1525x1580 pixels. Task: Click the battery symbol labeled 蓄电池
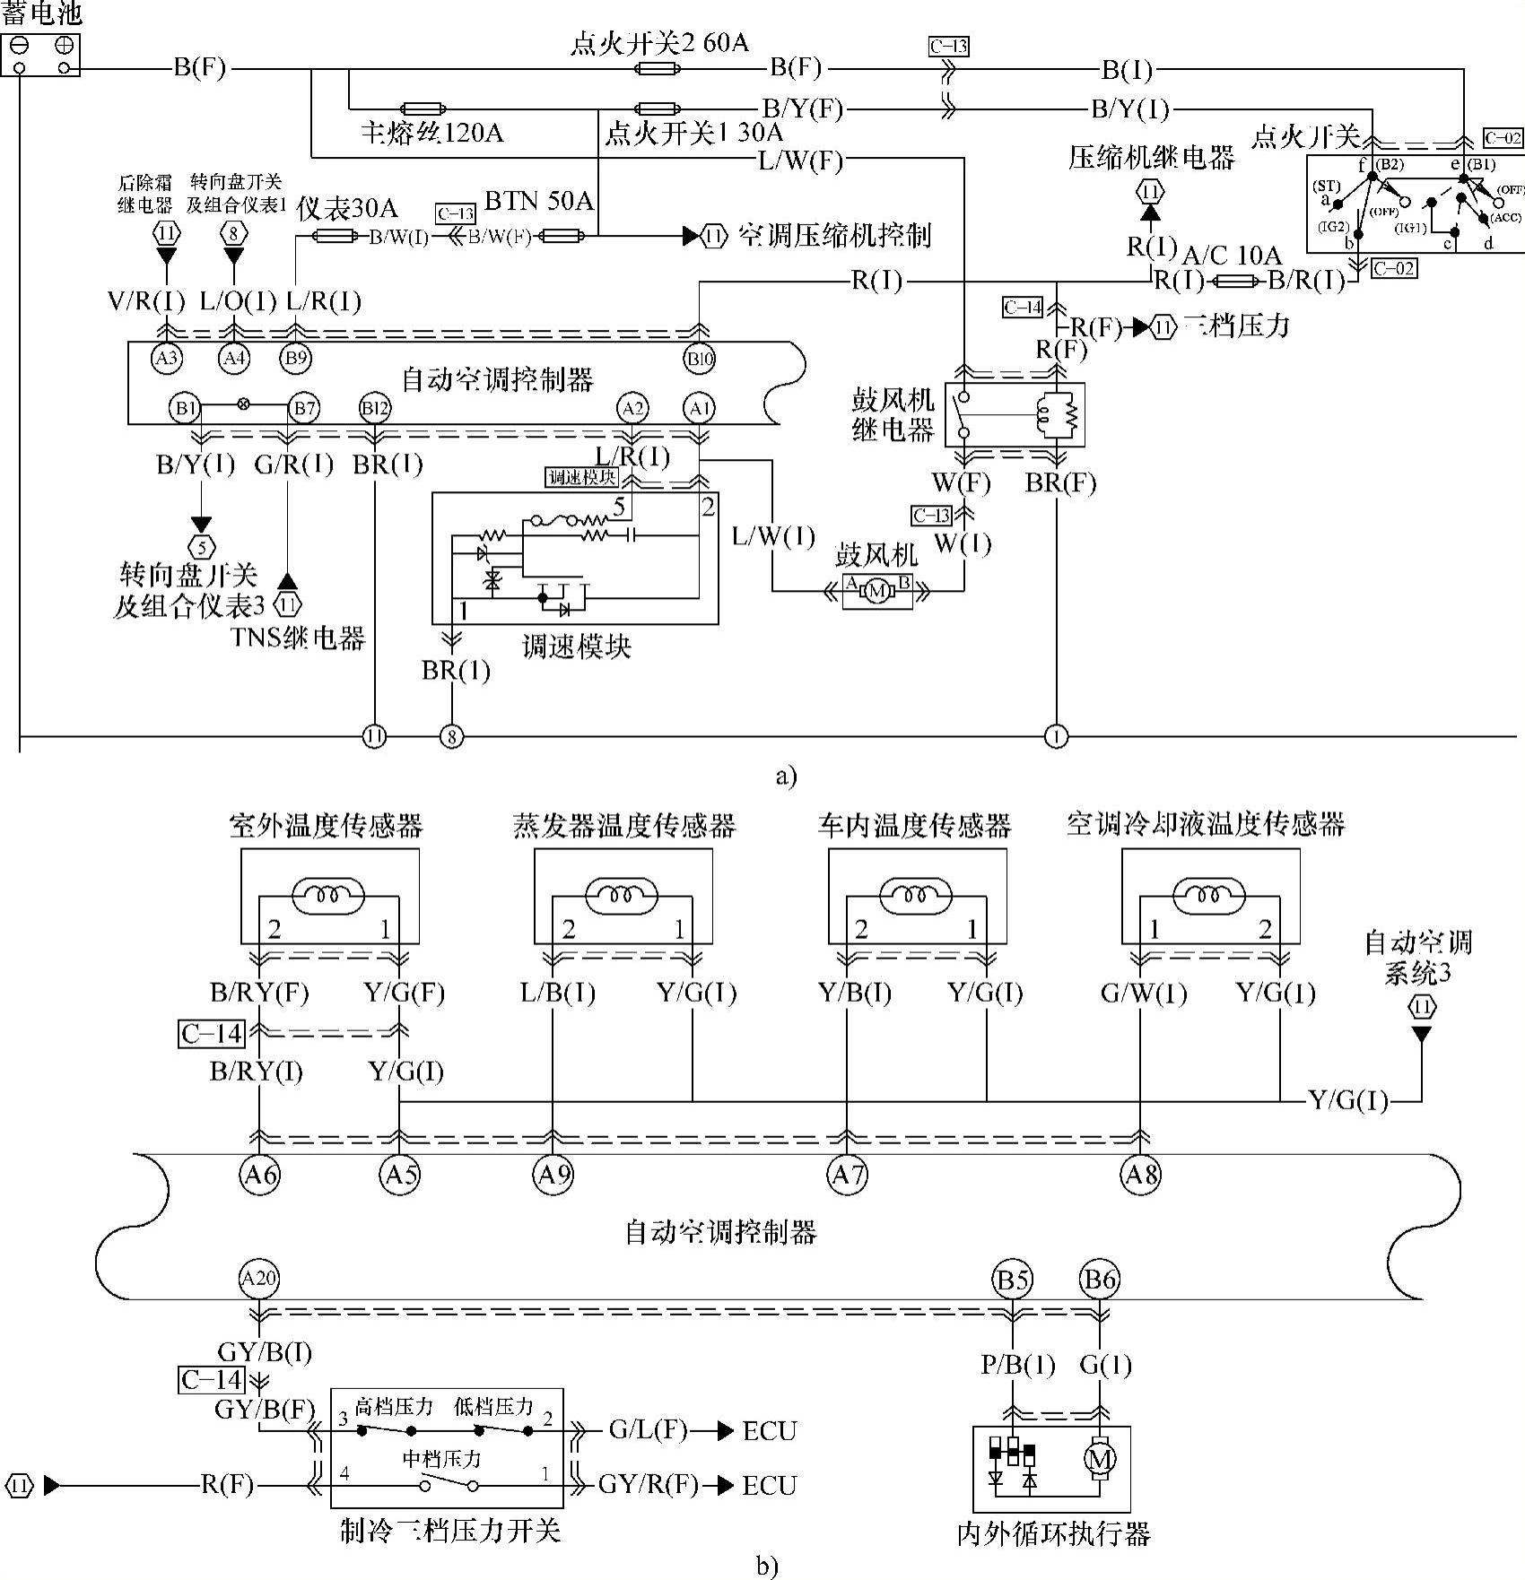(x=41, y=55)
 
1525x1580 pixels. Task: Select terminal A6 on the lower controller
(x=259, y=1173)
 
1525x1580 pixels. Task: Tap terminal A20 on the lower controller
(x=259, y=1279)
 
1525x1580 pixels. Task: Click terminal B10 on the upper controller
(x=700, y=360)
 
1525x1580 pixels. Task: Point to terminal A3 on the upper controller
(x=167, y=359)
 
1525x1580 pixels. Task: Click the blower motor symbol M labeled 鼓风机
(x=876, y=590)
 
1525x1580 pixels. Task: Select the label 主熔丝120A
(x=431, y=134)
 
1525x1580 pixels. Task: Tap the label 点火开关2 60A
(x=659, y=43)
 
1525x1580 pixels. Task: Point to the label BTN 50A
(x=538, y=199)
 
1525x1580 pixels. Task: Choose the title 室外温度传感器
(x=326, y=825)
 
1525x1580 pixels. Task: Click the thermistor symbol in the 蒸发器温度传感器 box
(x=623, y=895)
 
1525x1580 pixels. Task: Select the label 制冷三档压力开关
(x=449, y=1529)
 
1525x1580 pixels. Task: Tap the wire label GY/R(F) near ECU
(x=648, y=1485)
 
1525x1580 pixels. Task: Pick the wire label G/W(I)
(x=1143, y=994)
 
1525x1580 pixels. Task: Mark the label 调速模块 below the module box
(x=576, y=646)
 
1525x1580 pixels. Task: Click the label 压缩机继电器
(x=1151, y=158)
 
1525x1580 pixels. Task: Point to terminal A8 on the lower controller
(x=1141, y=1173)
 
